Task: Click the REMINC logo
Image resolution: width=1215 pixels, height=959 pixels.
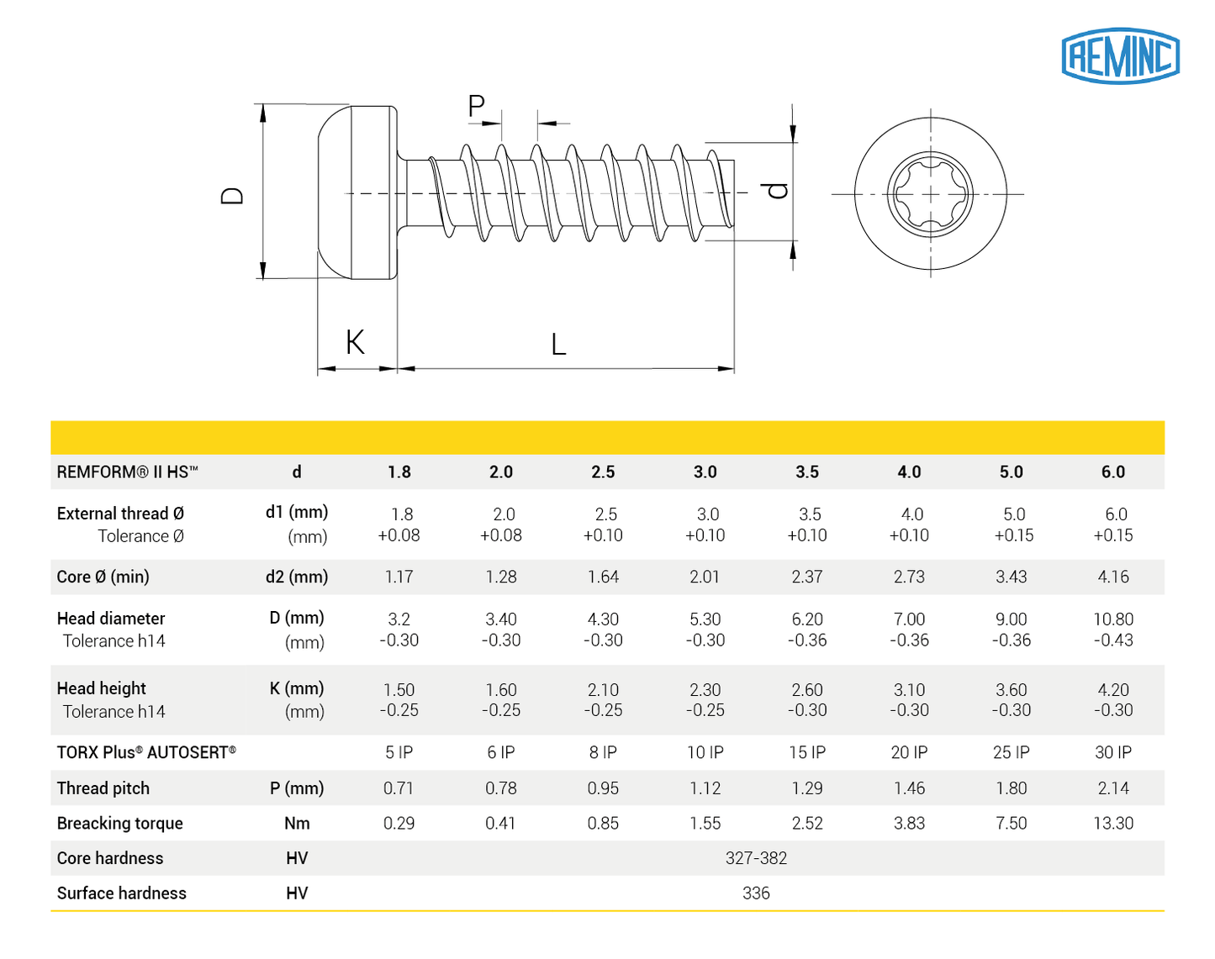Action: [x=1120, y=55]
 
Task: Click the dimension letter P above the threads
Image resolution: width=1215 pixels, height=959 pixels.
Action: [x=476, y=107]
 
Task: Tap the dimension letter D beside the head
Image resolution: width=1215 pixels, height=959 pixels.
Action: [x=232, y=196]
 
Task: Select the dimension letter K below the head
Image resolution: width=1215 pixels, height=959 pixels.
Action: [x=355, y=342]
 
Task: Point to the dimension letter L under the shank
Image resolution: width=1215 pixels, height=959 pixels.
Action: [x=558, y=345]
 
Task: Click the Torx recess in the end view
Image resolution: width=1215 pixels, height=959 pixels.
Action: [x=930, y=194]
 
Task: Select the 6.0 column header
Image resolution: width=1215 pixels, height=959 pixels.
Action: [x=1112, y=472]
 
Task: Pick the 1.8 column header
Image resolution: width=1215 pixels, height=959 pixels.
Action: [x=399, y=472]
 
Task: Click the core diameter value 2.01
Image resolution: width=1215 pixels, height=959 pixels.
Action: [x=705, y=577]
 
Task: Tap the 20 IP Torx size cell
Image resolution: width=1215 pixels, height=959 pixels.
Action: [x=909, y=753]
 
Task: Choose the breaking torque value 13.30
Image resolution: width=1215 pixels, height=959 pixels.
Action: [x=1112, y=824]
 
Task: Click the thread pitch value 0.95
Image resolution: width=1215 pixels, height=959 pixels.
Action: [x=603, y=788]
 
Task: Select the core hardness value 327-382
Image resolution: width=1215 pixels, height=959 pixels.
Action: [x=756, y=858]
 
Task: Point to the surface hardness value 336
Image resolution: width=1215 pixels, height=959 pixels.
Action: [x=756, y=893]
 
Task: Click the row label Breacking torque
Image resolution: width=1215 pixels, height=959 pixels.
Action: [x=119, y=824]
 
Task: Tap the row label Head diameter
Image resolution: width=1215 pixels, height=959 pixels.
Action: [x=111, y=619]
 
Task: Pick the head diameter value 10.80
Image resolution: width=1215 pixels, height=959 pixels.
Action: [x=1112, y=619]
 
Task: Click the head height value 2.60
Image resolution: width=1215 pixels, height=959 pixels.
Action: [x=806, y=690]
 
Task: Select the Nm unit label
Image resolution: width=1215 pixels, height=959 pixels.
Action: [x=297, y=824]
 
